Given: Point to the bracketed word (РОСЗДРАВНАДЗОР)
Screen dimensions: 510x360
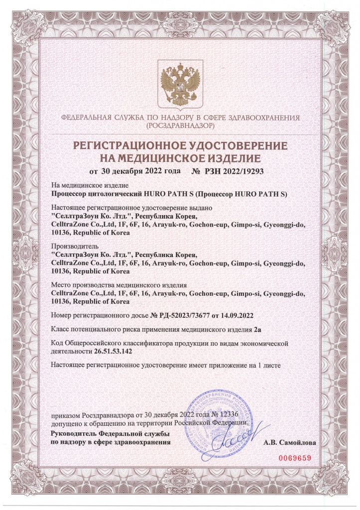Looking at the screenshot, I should (x=180, y=127).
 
